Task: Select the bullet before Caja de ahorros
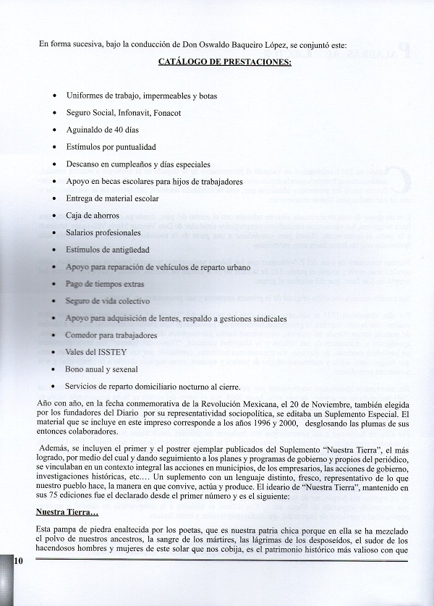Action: (56, 216)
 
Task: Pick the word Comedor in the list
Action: (82, 335)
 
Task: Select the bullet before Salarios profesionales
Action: (56, 233)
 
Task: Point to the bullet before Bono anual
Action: (56, 369)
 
